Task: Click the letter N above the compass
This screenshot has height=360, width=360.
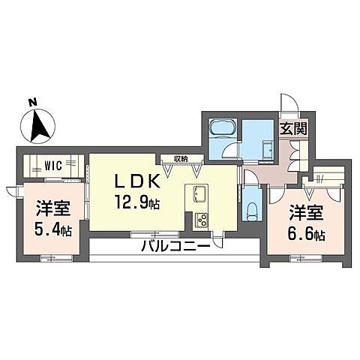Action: tap(32, 102)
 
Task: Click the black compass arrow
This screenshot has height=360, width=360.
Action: tap(39, 126)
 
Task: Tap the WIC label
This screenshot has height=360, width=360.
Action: tap(53, 166)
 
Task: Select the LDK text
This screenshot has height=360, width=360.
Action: tap(137, 181)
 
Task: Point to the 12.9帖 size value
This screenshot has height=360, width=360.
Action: tap(137, 202)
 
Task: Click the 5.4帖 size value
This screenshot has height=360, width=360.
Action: tap(53, 229)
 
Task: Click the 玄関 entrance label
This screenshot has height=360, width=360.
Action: tap(293, 129)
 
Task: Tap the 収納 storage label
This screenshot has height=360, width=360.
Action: tap(181, 158)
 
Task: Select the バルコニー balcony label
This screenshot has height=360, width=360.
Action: tap(175, 246)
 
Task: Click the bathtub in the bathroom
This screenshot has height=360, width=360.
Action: tap(223, 127)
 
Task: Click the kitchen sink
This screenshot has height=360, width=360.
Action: tap(199, 195)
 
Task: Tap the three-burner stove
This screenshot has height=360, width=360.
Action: tap(202, 220)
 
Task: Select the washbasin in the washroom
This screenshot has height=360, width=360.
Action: tap(268, 149)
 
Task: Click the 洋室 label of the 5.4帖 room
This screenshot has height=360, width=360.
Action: tap(53, 208)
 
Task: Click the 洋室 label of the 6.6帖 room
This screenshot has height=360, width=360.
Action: tap(306, 212)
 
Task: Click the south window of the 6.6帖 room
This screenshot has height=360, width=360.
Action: tap(306, 258)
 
